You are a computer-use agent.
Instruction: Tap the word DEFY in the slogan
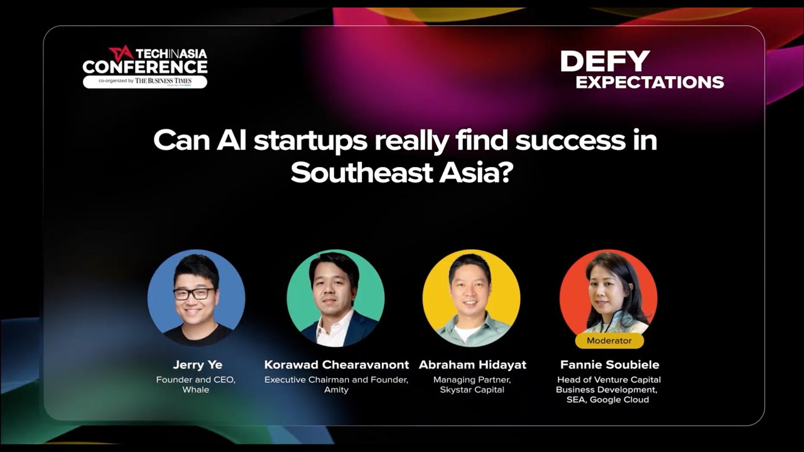pos(604,62)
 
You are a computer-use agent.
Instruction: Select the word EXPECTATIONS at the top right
pos(649,82)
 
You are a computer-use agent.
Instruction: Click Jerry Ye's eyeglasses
pos(193,294)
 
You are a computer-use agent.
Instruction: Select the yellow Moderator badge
pos(609,341)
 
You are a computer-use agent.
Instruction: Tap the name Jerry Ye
pos(197,365)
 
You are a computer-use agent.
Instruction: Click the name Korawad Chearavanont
pos(336,365)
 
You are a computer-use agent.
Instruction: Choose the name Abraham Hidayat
pos(472,365)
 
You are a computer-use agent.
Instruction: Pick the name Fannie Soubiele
pos(609,365)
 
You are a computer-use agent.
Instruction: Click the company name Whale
pos(195,390)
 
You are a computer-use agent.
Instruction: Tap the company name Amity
pos(336,390)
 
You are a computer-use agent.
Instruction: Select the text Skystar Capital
pos(472,390)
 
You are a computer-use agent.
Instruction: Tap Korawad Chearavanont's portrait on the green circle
pos(335,298)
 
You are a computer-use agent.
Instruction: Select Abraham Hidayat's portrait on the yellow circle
pos(471,298)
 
